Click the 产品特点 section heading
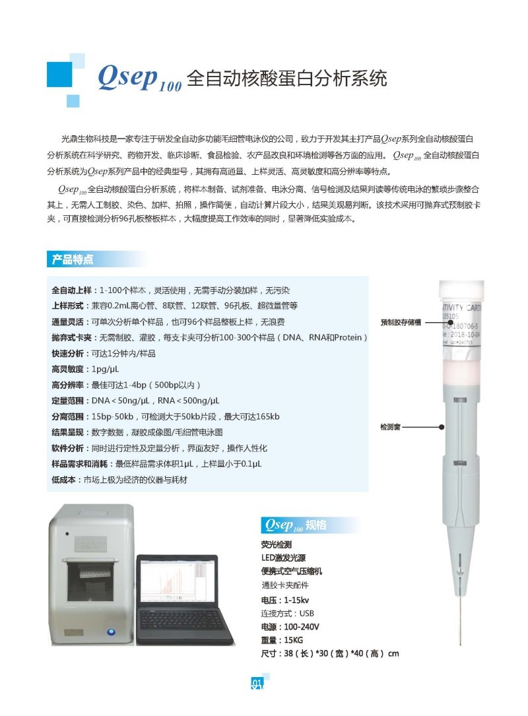pyautogui.click(x=73, y=259)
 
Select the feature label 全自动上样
pyautogui.click(x=73, y=290)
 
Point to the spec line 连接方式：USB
pyautogui.click(x=288, y=613)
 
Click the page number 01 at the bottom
pyautogui.click(x=257, y=682)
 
